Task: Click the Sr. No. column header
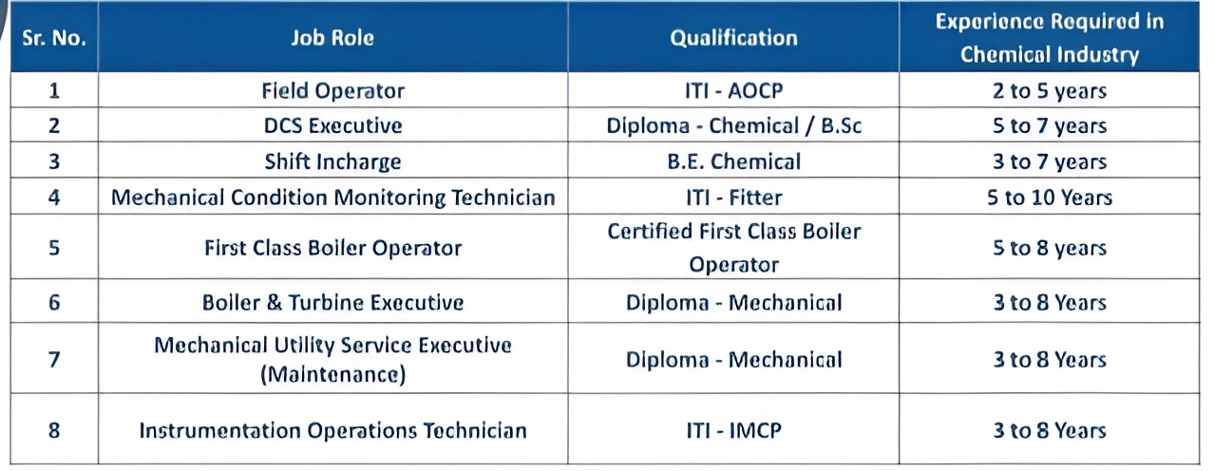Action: tap(54, 38)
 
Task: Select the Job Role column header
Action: tap(332, 38)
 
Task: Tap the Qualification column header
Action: tap(734, 38)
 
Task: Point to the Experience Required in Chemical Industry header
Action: tap(1050, 38)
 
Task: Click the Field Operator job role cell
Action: tap(332, 90)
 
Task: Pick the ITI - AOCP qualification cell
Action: tap(734, 90)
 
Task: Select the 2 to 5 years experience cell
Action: tap(1050, 90)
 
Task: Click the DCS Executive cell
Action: tap(332, 125)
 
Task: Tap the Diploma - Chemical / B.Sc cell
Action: tap(734, 125)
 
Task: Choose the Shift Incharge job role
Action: tap(332, 161)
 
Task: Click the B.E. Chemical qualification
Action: tap(734, 161)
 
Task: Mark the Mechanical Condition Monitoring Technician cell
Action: tap(332, 198)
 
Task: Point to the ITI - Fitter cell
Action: tap(734, 198)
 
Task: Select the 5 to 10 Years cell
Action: tap(1050, 198)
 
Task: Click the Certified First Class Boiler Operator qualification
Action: tap(734, 248)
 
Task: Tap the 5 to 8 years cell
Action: tap(1050, 248)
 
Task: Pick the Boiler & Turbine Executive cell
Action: tap(332, 302)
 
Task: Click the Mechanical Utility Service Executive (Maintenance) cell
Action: tap(332, 359)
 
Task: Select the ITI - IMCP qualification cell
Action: tap(734, 430)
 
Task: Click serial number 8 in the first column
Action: tap(54, 430)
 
